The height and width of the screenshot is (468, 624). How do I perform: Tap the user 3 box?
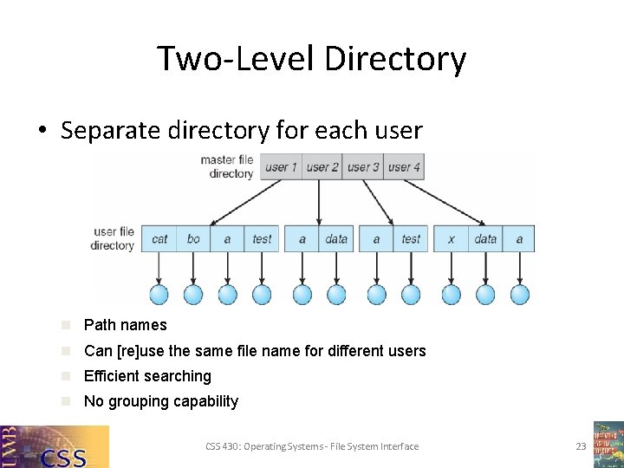(x=364, y=167)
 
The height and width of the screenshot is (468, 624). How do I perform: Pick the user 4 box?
(x=405, y=167)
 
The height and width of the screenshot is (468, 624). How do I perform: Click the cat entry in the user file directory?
(x=159, y=239)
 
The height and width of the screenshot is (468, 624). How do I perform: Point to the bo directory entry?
(x=193, y=239)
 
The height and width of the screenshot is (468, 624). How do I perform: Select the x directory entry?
(x=451, y=239)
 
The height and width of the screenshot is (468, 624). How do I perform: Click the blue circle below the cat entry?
(x=159, y=295)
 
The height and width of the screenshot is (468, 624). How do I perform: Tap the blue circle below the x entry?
(x=452, y=295)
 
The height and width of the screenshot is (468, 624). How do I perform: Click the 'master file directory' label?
(x=226, y=166)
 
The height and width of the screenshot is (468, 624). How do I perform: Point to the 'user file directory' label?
(x=114, y=238)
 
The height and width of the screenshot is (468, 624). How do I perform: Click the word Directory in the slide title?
(x=395, y=59)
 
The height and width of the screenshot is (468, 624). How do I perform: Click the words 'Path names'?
(x=125, y=325)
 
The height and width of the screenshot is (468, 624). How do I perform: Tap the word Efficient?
(x=112, y=376)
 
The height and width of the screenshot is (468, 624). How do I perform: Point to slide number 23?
(x=581, y=446)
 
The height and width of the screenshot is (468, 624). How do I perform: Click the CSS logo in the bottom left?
(x=55, y=446)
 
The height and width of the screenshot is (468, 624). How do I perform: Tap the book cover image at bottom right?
(x=608, y=444)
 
